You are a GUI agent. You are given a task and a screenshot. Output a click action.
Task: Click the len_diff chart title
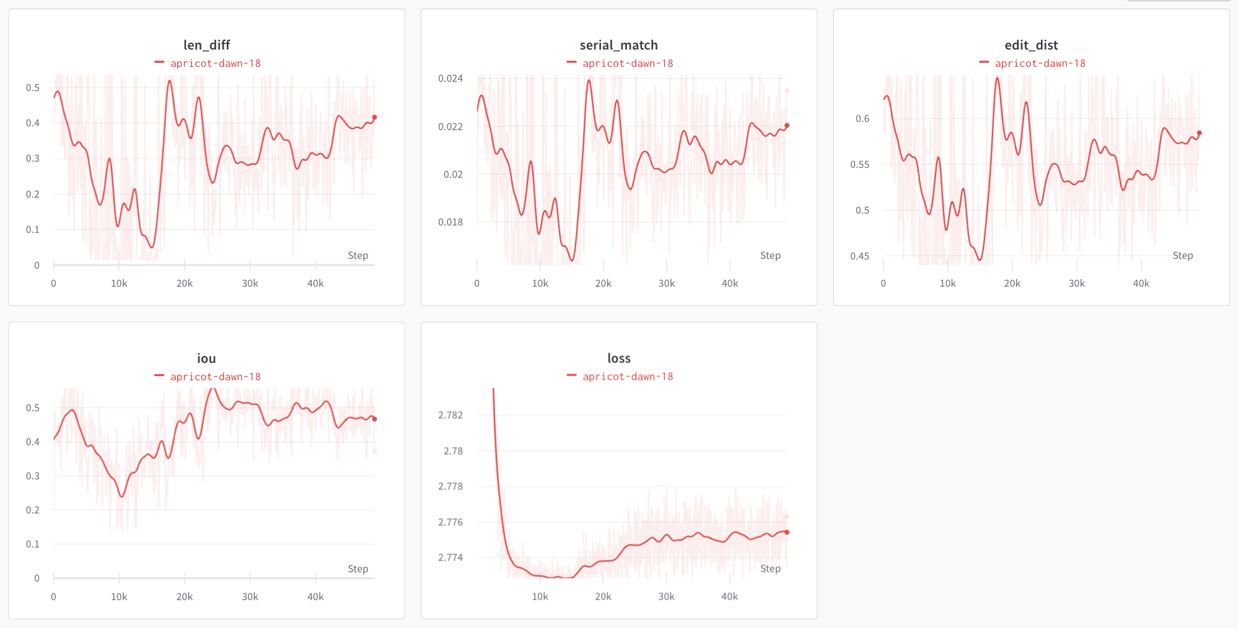point(206,45)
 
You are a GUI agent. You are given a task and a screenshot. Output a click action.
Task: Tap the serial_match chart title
point(618,45)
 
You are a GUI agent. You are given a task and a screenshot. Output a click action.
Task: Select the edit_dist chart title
point(1031,45)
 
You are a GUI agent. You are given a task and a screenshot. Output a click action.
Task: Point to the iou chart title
point(206,358)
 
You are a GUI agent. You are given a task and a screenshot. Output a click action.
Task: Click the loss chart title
point(619,358)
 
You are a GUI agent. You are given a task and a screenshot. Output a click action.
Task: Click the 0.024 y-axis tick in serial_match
point(450,78)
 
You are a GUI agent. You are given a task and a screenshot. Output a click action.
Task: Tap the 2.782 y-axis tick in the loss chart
point(450,415)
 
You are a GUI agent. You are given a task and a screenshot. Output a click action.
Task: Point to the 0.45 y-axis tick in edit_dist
point(859,256)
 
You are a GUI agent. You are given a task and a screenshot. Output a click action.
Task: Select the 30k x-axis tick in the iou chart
point(250,596)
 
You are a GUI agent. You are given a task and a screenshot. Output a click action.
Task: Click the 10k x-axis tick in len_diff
point(119,283)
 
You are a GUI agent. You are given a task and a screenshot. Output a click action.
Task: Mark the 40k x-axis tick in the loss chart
point(729,596)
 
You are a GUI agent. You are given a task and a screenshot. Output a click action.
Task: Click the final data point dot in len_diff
point(374,117)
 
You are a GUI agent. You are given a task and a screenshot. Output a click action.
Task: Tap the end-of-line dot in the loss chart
point(787,532)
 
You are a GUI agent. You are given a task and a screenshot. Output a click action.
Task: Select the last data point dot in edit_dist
point(1200,133)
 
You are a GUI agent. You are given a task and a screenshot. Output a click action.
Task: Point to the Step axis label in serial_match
point(770,255)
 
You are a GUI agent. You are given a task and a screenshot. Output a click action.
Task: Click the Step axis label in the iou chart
point(358,569)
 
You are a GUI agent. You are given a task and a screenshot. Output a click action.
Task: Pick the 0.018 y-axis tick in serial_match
point(450,222)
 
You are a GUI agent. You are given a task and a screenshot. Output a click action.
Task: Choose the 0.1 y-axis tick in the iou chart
point(32,544)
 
